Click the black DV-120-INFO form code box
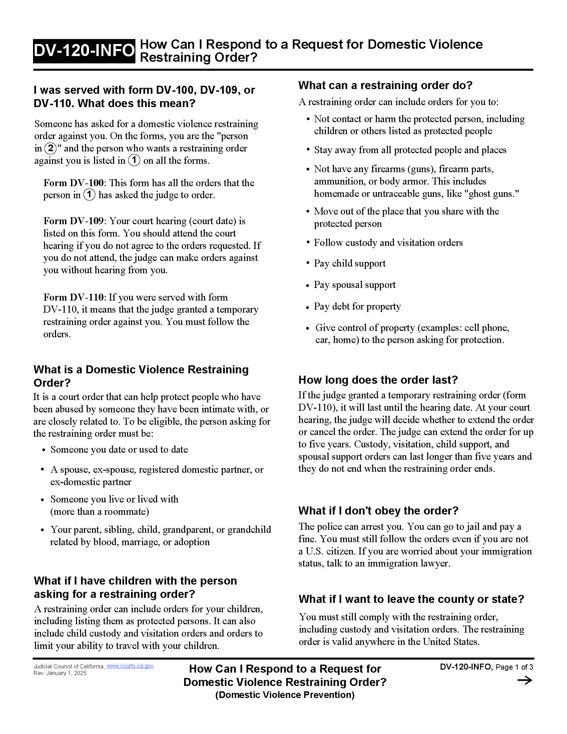tap(84, 51)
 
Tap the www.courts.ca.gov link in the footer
tap(130, 666)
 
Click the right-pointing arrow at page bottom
tap(525, 681)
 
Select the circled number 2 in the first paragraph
tap(50, 148)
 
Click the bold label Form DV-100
tap(74, 183)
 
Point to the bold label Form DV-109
tap(74, 221)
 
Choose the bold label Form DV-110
tap(74, 297)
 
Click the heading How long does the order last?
tap(378, 380)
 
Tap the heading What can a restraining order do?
tap(385, 85)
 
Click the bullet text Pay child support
tap(349, 263)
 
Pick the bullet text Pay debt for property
tap(357, 306)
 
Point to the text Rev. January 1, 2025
tap(60, 673)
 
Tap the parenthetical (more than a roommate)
tap(100, 511)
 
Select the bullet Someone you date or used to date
tap(119, 449)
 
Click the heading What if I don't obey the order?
tap(378, 510)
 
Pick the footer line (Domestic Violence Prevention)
tap(285, 695)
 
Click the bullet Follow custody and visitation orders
tap(388, 243)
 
